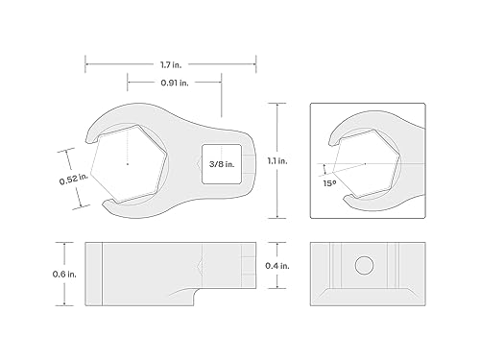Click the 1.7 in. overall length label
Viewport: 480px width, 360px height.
(171, 65)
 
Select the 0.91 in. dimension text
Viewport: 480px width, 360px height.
(175, 83)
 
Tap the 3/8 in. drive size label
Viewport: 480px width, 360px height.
(222, 164)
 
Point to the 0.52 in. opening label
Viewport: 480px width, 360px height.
(73, 179)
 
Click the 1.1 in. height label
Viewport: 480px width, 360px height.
(277, 161)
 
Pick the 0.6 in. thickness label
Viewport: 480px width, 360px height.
(64, 275)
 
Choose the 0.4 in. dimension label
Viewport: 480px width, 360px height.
(277, 266)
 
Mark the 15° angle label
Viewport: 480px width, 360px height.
(329, 183)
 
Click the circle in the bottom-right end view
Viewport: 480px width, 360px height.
(364, 265)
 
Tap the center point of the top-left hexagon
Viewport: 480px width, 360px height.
(128, 164)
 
